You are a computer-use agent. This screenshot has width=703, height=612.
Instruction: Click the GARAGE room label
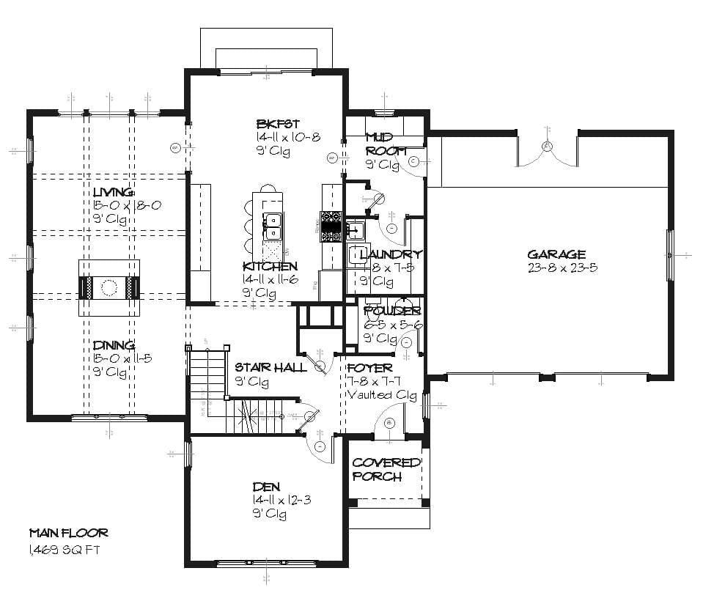pyautogui.click(x=556, y=254)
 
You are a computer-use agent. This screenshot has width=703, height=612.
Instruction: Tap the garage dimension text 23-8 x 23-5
pyautogui.click(x=562, y=268)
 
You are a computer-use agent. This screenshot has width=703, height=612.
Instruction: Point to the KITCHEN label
pyautogui.click(x=270, y=266)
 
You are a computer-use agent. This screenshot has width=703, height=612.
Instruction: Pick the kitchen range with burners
pyautogui.click(x=331, y=226)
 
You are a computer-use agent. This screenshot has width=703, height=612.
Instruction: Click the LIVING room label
pyautogui.click(x=114, y=192)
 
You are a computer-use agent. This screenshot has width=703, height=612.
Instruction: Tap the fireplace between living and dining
pyautogui.click(x=109, y=287)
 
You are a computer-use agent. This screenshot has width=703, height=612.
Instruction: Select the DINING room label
pyautogui.click(x=114, y=344)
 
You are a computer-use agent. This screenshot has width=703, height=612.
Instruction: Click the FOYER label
pyautogui.click(x=369, y=367)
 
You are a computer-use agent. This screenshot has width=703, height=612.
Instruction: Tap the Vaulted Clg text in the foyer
pyautogui.click(x=381, y=396)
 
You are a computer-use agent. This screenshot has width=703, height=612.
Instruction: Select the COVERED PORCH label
pyautogui.click(x=386, y=469)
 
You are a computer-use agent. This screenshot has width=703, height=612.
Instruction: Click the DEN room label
pyautogui.click(x=265, y=486)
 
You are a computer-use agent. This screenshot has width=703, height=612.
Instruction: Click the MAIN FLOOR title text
pyautogui.click(x=68, y=533)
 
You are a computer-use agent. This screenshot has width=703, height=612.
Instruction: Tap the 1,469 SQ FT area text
pyautogui.click(x=64, y=550)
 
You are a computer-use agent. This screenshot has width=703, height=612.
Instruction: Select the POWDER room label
pyautogui.click(x=392, y=311)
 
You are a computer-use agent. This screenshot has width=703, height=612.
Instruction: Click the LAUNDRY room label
pyautogui.click(x=391, y=254)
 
